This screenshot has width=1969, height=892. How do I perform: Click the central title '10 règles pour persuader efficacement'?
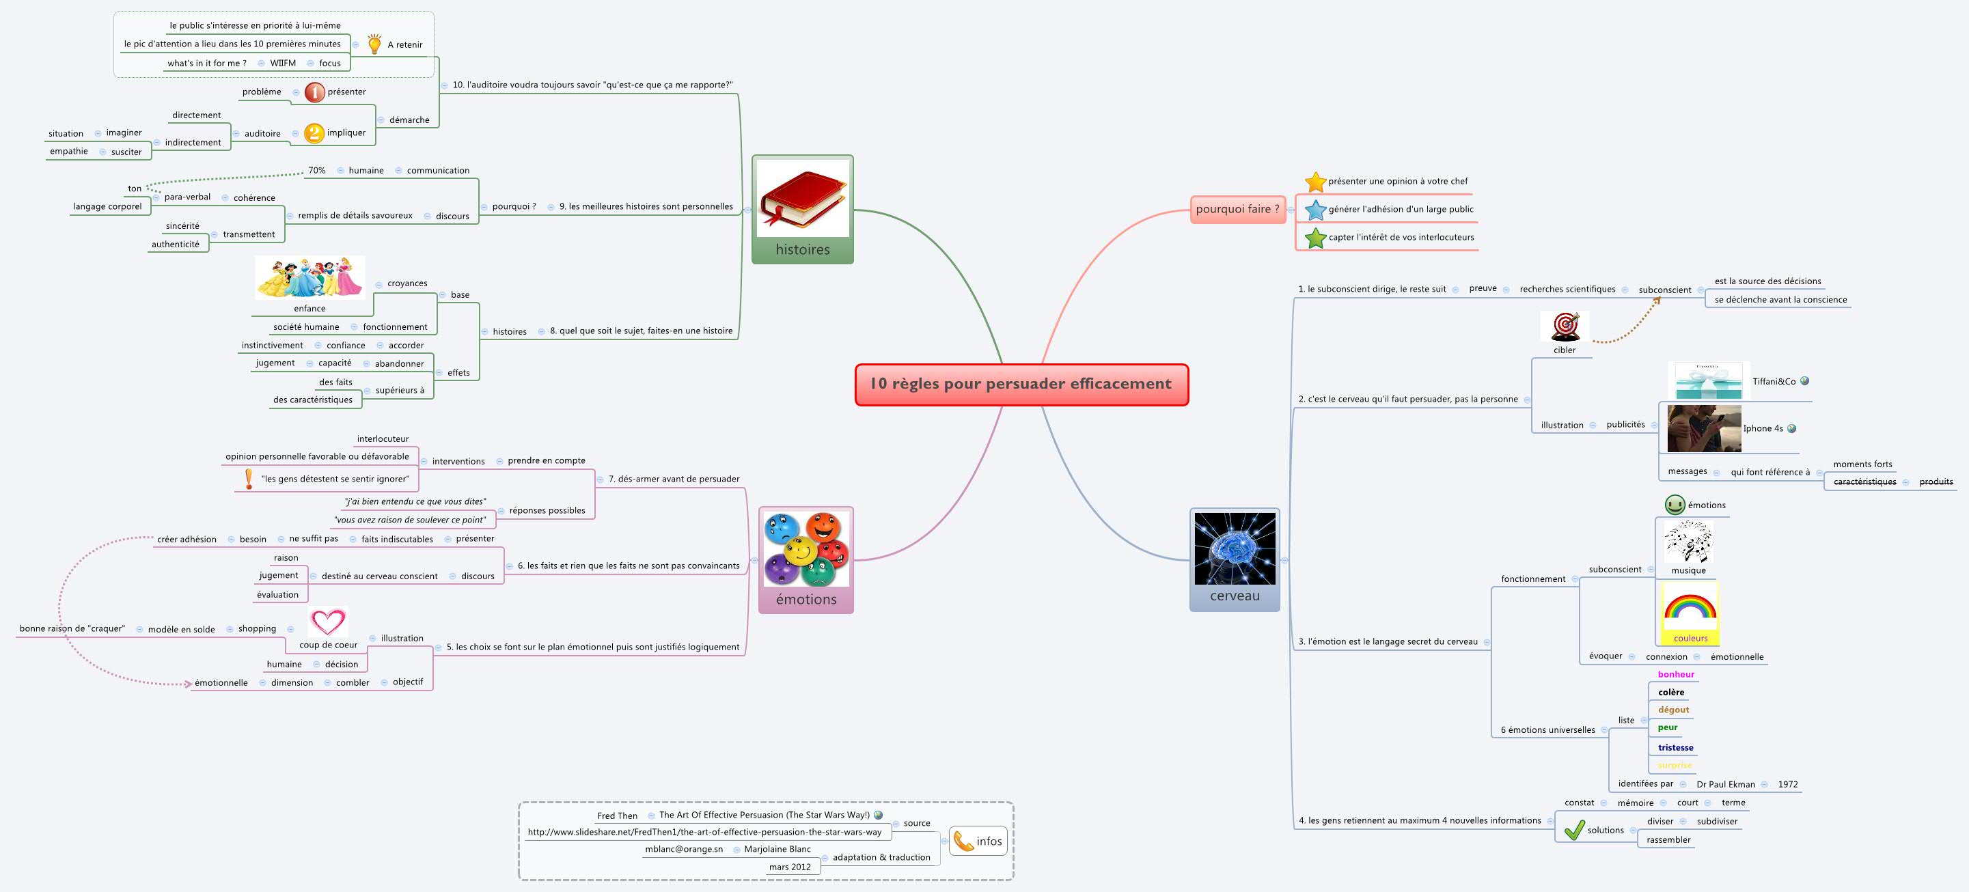(1021, 385)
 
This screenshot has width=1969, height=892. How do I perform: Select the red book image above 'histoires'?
(803, 198)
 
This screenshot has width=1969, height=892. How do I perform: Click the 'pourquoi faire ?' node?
(1237, 210)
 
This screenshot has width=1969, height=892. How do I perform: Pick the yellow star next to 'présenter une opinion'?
(1314, 182)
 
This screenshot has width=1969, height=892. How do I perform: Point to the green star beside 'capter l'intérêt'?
(1314, 238)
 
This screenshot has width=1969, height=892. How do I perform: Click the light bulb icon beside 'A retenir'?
(374, 44)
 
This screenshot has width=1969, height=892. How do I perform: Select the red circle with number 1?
(314, 92)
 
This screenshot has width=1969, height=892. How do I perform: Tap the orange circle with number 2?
(314, 133)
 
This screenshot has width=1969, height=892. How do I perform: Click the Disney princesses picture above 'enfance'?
(309, 277)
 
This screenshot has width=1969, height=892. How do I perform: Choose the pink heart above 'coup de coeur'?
(328, 622)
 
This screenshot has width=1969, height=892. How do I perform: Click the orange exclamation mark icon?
(249, 479)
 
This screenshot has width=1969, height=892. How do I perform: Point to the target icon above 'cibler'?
(1565, 326)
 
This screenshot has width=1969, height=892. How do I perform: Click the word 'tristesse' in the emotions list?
(1675, 747)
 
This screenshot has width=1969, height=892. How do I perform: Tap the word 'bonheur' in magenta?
(1675, 674)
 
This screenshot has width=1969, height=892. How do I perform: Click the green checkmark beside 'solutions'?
(1574, 830)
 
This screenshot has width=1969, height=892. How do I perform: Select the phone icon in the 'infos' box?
(963, 841)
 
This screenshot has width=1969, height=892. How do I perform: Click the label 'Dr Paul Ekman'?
(1725, 784)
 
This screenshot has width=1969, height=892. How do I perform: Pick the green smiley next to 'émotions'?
(1675, 505)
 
